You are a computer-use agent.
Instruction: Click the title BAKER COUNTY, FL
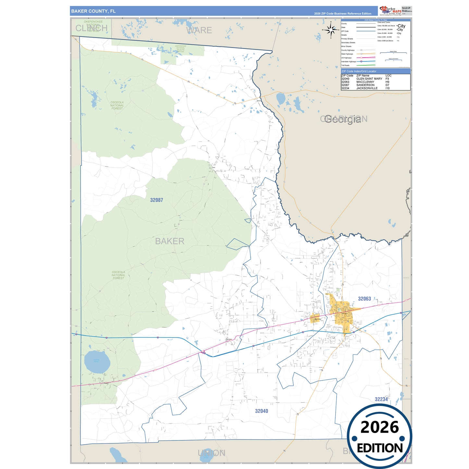coord(93,11)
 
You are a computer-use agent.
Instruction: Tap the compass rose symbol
coord(331,30)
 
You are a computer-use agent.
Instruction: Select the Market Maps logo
coord(390,10)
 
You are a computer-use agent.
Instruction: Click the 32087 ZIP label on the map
coord(156,200)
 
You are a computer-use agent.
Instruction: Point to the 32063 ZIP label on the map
coord(364,299)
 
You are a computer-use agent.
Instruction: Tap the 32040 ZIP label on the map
coord(261,411)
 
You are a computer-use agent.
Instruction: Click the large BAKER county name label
coord(169,241)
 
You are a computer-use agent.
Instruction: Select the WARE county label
coord(199,31)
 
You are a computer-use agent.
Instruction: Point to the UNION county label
coord(211,453)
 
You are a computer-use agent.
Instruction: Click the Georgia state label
coord(343,119)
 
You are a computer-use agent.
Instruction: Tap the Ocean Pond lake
coord(97,361)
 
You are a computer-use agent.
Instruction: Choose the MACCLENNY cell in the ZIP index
coord(365,82)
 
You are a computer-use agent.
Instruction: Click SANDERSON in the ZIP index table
coord(365,85)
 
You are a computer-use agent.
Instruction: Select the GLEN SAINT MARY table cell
coord(369,79)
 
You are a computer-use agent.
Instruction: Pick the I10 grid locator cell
coord(388,88)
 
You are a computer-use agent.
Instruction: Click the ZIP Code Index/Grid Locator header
coord(359,71)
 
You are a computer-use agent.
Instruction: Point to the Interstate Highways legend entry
coord(349,62)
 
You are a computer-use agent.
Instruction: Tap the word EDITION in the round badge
coord(379,448)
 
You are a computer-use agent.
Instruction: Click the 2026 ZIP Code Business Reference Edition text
coord(342,14)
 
